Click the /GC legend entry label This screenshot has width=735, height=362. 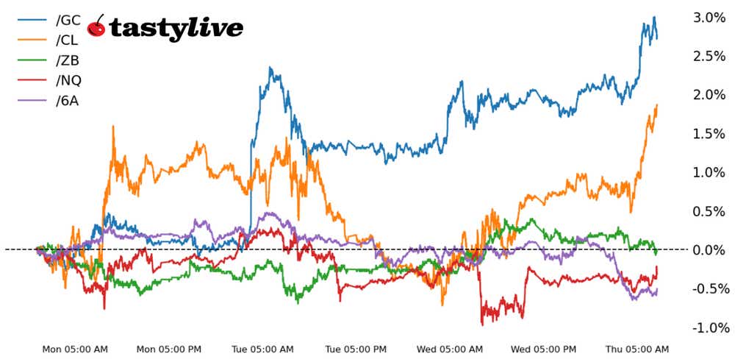(x=68, y=19)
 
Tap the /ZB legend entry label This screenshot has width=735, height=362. (x=68, y=60)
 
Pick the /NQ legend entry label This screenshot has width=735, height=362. (x=68, y=79)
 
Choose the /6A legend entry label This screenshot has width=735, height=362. (x=68, y=100)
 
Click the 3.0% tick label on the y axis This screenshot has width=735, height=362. (x=709, y=18)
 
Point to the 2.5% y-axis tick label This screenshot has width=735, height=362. (x=709, y=57)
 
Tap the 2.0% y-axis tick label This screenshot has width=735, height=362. (x=709, y=95)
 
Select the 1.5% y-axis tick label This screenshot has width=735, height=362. (x=709, y=134)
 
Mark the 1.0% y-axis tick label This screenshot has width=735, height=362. (x=709, y=172)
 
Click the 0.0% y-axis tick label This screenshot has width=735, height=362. (x=709, y=250)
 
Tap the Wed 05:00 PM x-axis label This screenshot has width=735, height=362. (x=543, y=349)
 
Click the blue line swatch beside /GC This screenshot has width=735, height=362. (x=32, y=20)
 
